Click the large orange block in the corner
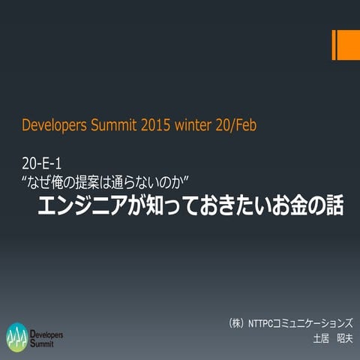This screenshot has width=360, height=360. tap(348, 46)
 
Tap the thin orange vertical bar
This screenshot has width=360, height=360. tap(334, 46)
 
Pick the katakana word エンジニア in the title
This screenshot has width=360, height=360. tap(85, 206)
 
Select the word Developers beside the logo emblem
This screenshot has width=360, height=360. tap(47, 331)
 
